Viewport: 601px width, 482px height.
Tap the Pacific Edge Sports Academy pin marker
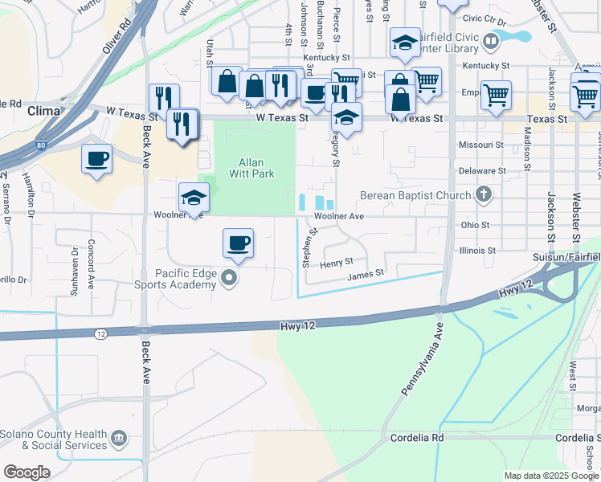[230, 279]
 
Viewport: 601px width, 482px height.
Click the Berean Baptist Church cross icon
[483, 194]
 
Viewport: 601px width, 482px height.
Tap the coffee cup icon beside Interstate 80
[97, 158]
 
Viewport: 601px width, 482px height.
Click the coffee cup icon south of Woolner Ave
[238, 243]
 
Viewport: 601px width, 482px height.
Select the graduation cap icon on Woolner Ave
[194, 198]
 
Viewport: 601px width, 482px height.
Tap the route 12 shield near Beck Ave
[100, 333]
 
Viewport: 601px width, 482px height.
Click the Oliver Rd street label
[117, 38]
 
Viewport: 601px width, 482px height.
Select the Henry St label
[336, 262]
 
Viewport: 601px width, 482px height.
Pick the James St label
[366, 275]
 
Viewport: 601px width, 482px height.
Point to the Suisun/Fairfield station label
[566, 257]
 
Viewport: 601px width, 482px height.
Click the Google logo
[27, 472]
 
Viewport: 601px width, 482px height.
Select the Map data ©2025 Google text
[551, 476]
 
